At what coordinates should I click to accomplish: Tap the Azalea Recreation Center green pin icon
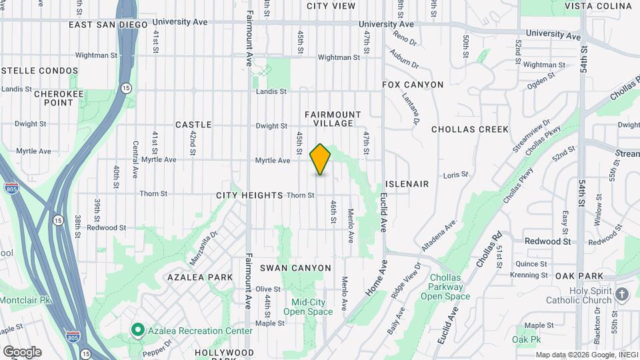[x=138, y=330]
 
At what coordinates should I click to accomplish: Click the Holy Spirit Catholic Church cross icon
[x=622, y=294]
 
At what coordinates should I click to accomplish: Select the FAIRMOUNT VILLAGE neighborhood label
[x=333, y=119]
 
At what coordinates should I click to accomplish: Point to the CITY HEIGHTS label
[x=250, y=195]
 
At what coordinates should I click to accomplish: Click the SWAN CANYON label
[x=295, y=268]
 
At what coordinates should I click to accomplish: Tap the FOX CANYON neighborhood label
[x=413, y=85]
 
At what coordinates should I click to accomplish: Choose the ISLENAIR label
[x=407, y=183]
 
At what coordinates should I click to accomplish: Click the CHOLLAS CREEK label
[x=470, y=129]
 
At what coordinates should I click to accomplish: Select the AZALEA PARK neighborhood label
[x=200, y=277]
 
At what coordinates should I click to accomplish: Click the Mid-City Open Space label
[x=308, y=307]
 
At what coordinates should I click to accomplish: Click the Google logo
[x=21, y=351]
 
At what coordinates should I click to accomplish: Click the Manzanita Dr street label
[x=204, y=245]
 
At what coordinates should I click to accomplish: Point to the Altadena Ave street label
[x=439, y=234]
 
